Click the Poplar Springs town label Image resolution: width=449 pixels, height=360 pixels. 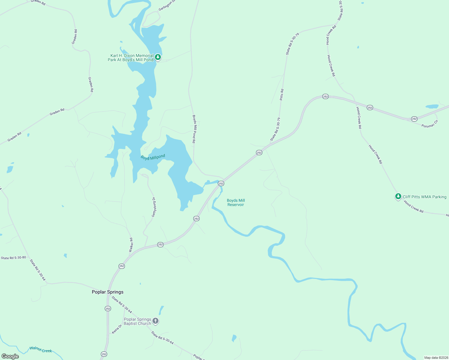107,292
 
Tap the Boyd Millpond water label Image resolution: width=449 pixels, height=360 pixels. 153,157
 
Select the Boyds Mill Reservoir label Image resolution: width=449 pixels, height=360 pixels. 236,202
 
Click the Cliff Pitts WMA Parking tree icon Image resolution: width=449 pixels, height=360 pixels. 398,196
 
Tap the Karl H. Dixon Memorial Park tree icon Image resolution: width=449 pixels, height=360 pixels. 158,57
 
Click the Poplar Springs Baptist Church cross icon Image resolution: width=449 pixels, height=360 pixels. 155,321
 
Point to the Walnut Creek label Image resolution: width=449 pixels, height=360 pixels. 41,349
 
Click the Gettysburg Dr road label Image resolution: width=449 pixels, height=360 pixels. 153,207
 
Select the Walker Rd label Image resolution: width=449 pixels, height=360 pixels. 131,245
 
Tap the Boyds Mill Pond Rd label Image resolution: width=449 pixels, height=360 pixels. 194,129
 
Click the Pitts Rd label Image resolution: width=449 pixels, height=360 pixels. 282,94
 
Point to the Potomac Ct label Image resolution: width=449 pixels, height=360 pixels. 430,124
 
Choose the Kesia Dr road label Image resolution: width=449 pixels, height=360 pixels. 117,329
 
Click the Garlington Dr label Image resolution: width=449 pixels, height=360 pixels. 167,5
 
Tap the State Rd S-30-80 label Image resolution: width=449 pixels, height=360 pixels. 13,258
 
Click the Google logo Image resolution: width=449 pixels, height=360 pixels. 10,356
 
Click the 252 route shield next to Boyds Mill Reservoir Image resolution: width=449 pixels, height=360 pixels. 221,183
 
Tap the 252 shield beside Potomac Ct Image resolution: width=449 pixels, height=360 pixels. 414,119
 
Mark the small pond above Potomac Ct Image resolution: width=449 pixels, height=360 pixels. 432,106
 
